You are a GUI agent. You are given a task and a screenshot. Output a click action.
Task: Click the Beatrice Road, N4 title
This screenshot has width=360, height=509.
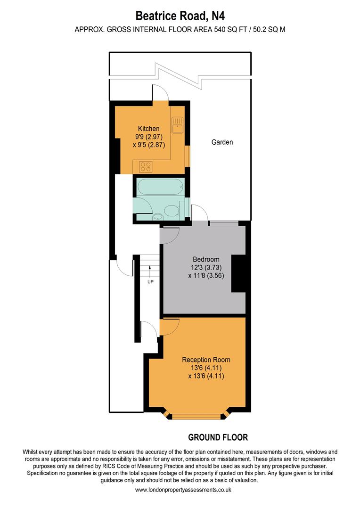point(180,16)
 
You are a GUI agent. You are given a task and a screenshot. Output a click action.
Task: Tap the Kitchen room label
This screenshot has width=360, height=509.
point(148,129)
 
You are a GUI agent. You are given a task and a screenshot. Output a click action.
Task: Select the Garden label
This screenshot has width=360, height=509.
point(222,142)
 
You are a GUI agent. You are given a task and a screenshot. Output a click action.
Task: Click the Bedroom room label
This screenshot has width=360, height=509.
point(206,259)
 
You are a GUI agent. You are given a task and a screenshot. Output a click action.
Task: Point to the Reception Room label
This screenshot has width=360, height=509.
point(206,360)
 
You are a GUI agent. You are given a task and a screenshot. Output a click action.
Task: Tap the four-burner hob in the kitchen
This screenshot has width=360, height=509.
point(146,166)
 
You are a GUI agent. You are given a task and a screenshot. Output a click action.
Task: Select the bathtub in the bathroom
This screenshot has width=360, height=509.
point(158,187)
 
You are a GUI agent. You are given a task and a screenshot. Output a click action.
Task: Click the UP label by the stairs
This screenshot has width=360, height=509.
point(150,282)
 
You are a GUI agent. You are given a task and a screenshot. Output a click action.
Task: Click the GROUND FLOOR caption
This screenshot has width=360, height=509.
point(218,437)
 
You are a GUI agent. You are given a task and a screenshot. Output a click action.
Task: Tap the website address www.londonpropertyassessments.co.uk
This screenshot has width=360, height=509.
point(180,490)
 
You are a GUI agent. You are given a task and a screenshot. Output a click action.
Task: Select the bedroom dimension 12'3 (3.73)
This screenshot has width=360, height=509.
point(206,268)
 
